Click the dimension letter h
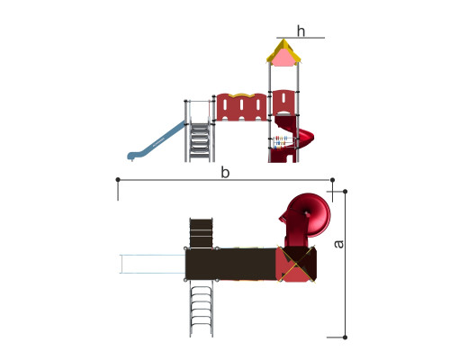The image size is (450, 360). [x=301, y=31]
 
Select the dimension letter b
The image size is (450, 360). [x=225, y=173]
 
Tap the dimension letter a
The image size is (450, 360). [x=338, y=244]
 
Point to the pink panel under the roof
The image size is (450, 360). [x=283, y=58]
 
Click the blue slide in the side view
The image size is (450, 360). [x=157, y=141]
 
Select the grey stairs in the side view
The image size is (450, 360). [x=200, y=142]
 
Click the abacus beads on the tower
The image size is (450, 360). [x=281, y=142]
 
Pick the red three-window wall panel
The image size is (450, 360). [x=241, y=107]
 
